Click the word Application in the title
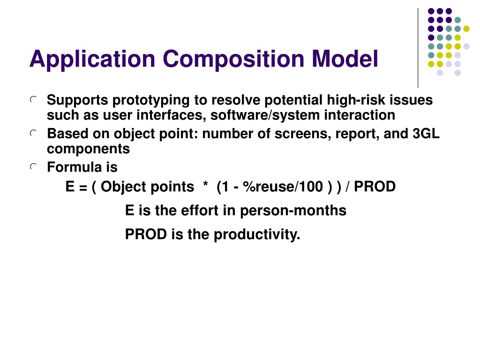[x=92, y=60]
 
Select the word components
[x=88, y=150]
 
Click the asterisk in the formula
[x=205, y=184]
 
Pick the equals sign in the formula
[x=83, y=187]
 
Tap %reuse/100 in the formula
[x=283, y=187]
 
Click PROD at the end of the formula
[x=375, y=187]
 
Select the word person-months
[x=293, y=210]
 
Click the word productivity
[x=257, y=235]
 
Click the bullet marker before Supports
[x=33, y=99]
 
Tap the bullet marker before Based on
[x=33, y=133]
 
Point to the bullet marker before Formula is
[x=33, y=166]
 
